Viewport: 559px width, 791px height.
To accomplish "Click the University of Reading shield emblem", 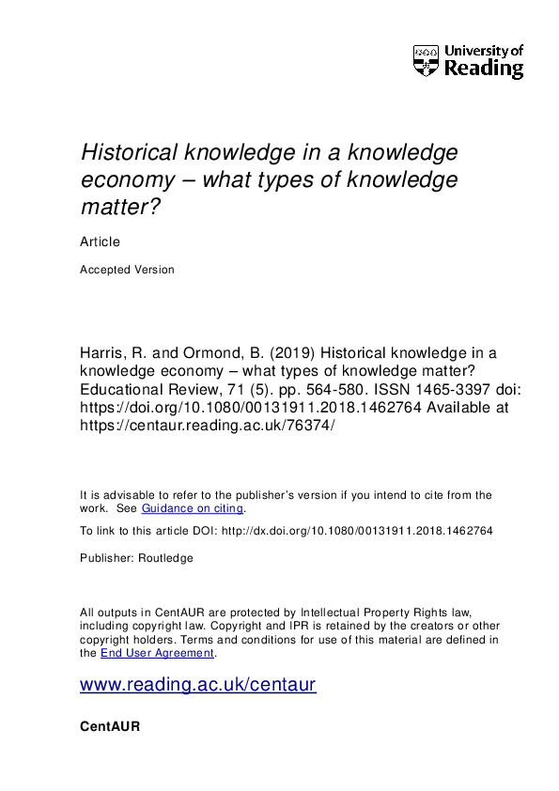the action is point(425,61).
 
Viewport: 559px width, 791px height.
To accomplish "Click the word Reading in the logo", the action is point(483,69).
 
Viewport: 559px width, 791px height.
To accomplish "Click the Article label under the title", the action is point(100,242).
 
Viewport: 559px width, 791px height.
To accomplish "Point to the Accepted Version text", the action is point(127,270).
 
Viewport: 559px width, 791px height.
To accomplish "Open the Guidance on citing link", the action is point(192,508).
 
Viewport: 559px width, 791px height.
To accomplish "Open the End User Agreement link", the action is point(158,653).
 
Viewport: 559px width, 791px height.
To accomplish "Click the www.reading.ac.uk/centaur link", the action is point(198,686).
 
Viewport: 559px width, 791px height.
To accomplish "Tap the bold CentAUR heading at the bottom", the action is point(110,726).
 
